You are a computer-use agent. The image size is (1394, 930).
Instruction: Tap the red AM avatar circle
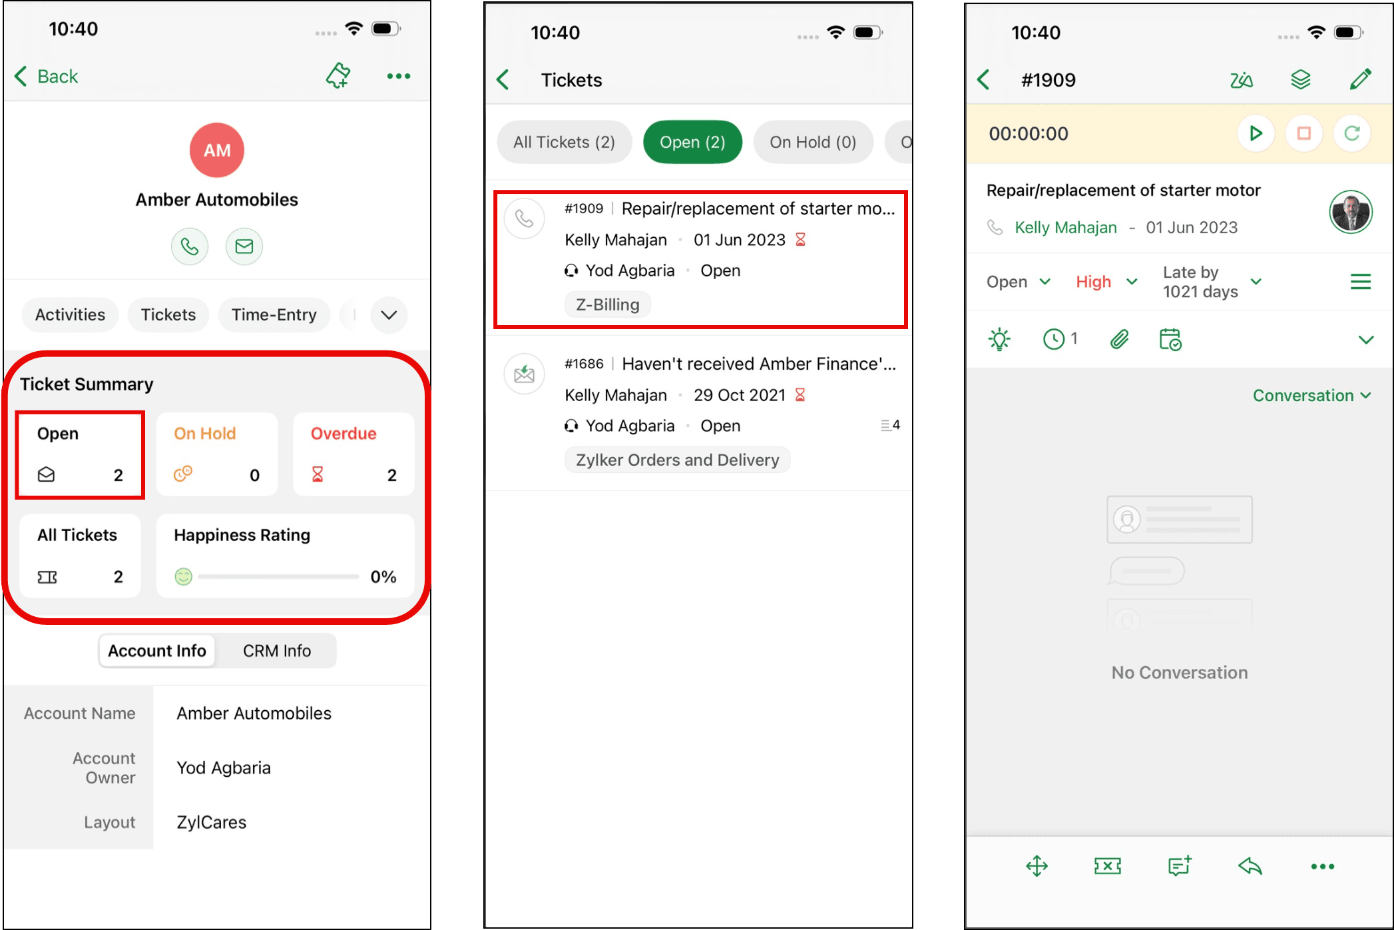click(x=217, y=150)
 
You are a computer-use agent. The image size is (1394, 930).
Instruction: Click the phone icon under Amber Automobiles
click(x=190, y=246)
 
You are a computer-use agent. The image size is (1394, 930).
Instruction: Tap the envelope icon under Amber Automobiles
click(x=244, y=246)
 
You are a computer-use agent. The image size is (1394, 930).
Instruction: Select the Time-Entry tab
click(x=274, y=314)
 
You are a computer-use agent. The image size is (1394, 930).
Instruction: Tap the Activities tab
click(x=70, y=314)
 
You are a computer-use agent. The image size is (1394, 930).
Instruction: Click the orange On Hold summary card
click(x=217, y=454)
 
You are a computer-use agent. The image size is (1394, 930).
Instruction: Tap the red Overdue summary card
click(x=353, y=454)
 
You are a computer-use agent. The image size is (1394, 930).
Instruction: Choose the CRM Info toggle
click(x=277, y=651)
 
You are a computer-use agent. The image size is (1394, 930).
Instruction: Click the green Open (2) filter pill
click(x=692, y=142)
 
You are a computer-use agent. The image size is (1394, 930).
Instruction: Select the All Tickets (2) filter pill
click(x=564, y=142)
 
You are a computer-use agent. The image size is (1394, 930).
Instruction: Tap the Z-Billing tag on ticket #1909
click(x=607, y=304)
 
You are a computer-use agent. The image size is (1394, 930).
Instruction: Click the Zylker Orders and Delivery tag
click(x=677, y=460)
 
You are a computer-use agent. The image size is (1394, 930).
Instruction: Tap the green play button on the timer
click(x=1256, y=133)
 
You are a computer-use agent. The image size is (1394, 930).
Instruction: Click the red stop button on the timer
click(x=1303, y=133)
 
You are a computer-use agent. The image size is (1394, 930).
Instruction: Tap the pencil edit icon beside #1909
click(x=1360, y=79)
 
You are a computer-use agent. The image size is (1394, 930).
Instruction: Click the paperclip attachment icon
click(x=1120, y=340)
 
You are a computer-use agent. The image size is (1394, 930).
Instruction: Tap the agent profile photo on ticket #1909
click(x=1351, y=212)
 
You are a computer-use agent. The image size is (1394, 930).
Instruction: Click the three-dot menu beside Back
click(x=399, y=76)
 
